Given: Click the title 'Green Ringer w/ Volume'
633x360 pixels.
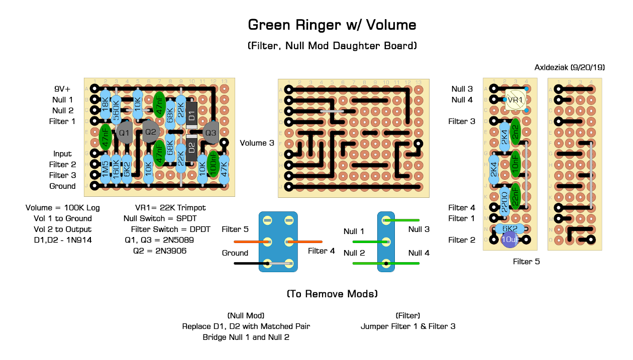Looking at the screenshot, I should click(x=332, y=25).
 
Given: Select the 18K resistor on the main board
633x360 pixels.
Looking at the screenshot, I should click(x=105, y=104).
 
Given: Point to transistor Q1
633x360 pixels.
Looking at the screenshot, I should click(x=124, y=134).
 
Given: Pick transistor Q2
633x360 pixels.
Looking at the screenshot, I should click(x=150, y=132).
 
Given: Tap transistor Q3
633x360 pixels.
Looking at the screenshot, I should click(x=210, y=133).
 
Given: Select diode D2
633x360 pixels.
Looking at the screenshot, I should click(x=191, y=148).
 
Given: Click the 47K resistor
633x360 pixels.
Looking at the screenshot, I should click(x=224, y=170).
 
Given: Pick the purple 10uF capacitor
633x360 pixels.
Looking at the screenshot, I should click(x=510, y=240).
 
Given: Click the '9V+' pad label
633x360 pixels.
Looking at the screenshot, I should click(x=64, y=89).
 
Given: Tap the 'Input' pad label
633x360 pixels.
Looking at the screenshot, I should click(x=63, y=154).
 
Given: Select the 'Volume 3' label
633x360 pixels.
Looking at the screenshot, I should click(x=257, y=143).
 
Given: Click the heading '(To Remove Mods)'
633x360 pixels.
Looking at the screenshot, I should click(x=332, y=294).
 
